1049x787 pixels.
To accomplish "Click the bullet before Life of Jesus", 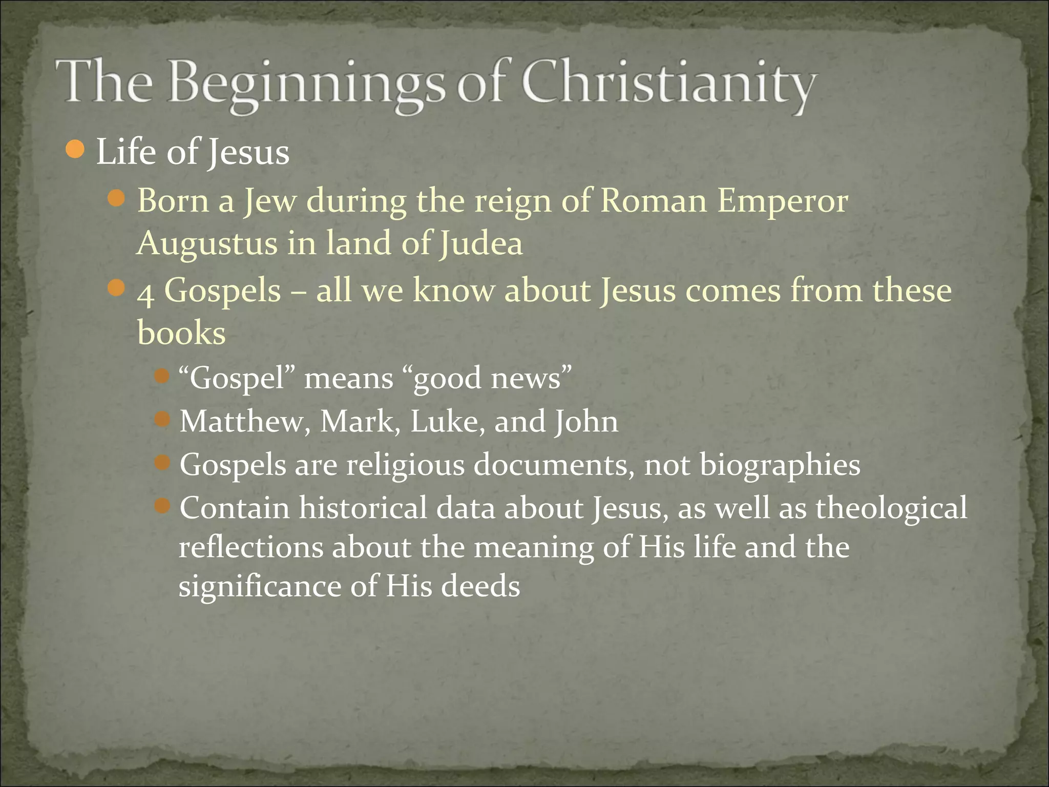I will coord(75,150).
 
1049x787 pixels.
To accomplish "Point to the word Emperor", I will coord(782,201).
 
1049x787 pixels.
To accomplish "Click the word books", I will coord(181,333).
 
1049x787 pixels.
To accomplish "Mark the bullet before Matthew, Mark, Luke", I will coord(162,420).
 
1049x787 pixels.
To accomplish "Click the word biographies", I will coord(780,466).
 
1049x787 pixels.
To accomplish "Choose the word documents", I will coord(553,465).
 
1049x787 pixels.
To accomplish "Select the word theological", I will coord(891,508).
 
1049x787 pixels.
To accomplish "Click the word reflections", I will coord(251,547).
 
